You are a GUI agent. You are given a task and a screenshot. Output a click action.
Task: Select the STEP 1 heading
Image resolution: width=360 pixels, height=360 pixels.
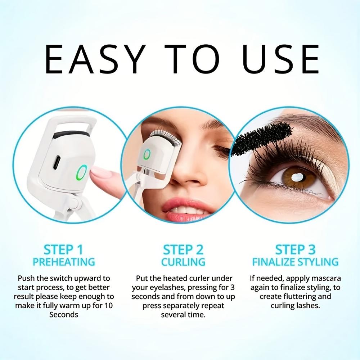point(63,249)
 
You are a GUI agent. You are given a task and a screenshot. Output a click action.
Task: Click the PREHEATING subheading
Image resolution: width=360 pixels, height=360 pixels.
point(64,261)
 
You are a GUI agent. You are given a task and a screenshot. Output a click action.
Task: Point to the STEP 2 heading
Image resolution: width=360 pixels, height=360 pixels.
point(183,249)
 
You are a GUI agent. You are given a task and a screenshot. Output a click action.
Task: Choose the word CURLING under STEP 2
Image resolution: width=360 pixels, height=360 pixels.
point(183,261)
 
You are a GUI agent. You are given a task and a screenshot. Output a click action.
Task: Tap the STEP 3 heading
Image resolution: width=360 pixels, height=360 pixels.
point(295,249)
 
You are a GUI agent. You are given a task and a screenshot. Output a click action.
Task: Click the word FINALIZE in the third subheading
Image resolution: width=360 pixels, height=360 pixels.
point(273,261)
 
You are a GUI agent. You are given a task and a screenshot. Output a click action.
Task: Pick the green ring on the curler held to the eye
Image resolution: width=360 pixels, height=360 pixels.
point(147,155)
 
